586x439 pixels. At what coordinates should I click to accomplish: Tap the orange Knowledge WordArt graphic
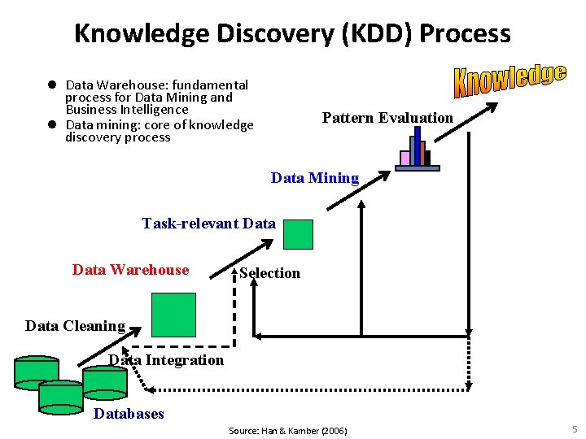[509, 80]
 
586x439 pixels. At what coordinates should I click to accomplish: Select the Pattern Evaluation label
[387, 118]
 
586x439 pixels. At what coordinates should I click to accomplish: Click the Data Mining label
[314, 178]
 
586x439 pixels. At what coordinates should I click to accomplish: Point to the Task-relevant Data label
[208, 223]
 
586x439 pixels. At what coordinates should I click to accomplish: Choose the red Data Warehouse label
[130, 270]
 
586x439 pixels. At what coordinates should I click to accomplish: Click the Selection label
[269, 273]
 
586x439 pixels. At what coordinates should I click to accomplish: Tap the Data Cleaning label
[75, 326]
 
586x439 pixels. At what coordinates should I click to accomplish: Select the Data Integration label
[166, 360]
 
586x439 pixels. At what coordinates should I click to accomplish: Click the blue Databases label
[129, 414]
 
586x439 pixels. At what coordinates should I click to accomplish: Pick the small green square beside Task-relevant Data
[298, 234]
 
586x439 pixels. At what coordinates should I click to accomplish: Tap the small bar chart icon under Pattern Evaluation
[418, 152]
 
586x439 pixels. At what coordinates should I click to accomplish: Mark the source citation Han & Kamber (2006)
[287, 430]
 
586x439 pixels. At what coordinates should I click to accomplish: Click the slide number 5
[575, 429]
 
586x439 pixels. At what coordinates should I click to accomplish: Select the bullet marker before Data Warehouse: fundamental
[50, 85]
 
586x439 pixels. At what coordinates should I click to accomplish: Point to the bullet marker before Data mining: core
[50, 124]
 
